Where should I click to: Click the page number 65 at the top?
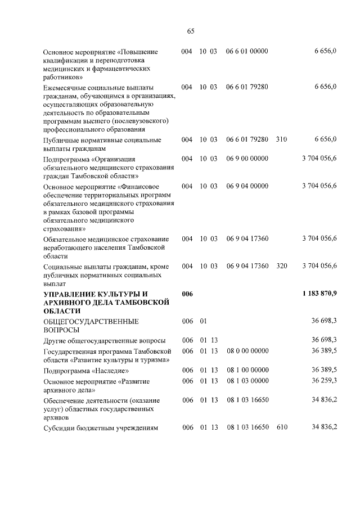[191, 31]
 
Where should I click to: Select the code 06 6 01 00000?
[247, 52]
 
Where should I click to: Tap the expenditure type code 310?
[282, 139]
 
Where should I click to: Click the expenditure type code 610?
[282, 428]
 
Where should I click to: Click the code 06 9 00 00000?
[247, 159]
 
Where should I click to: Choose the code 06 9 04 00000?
[247, 186]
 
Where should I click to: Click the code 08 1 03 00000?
[248, 381]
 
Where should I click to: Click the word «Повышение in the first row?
[136, 52]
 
